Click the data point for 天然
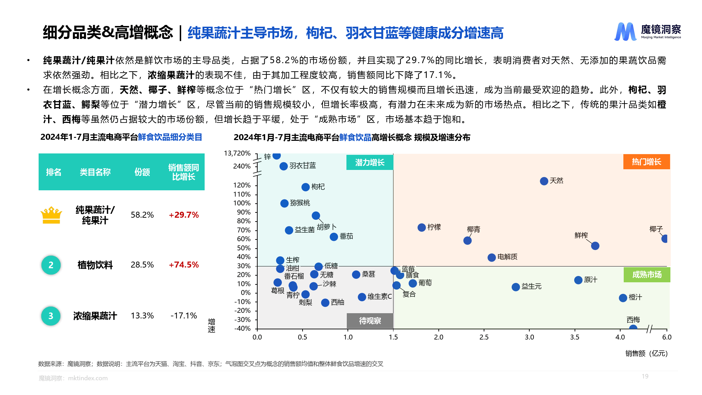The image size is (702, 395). tap(544, 181)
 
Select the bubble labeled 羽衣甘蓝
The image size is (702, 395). tap(284, 166)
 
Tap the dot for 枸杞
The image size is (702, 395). tap(305, 187)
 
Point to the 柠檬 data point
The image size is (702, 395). tap(422, 228)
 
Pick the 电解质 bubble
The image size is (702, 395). tap(491, 257)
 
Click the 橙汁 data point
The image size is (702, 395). tap(623, 298)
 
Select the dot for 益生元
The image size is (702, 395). tap(515, 287)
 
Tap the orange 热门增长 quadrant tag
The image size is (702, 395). tap(646, 162)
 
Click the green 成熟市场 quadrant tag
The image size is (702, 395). tap(647, 275)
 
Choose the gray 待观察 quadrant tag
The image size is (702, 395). tap(370, 321)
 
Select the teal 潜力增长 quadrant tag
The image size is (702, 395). tap(370, 162)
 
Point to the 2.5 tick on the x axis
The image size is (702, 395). tap(484, 337)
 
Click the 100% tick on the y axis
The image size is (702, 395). tap(242, 203)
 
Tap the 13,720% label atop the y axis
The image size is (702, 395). tap(237, 153)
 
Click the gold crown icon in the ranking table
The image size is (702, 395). tap(51, 215)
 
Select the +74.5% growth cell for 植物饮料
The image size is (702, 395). tap(184, 265)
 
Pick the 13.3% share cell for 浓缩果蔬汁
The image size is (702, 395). tap(142, 316)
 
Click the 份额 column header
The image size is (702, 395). tap(142, 172)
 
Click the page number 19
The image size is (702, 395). tap(645, 376)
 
